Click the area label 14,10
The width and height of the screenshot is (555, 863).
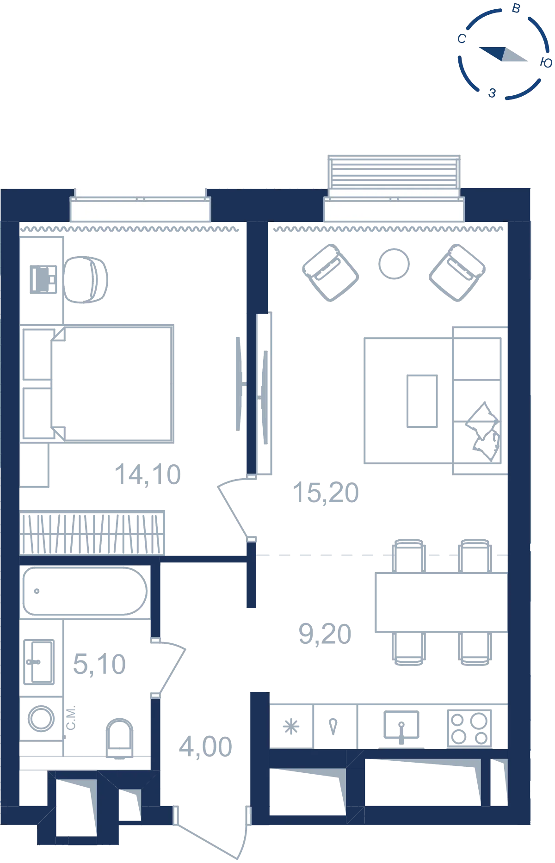pyautogui.click(x=148, y=475)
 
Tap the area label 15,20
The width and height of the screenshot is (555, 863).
pyautogui.click(x=326, y=493)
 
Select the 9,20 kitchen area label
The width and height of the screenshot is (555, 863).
pyautogui.click(x=325, y=634)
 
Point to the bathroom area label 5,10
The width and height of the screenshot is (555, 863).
pyautogui.click(x=99, y=664)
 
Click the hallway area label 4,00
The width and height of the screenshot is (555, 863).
pyautogui.click(x=206, y=746)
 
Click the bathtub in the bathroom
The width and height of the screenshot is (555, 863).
pyautogui.click(x=85, y=591)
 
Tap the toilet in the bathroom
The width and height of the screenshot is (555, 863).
pyautogui.click(x=120, y=738)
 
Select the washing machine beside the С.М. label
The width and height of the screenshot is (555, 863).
pyautogui.click(x=41, y=718)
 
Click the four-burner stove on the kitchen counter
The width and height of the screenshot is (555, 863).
pyautogui.click(x=469, y=728)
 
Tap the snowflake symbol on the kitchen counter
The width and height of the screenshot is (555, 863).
pyautogui.click(x=291, y=727)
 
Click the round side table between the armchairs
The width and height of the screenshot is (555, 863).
pyautogui.click(x=394, y=264)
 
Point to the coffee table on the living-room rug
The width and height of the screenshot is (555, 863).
pyautogui.click(x=422, y=401)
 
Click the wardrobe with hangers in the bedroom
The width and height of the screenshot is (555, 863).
pyautogui.click(x=92, y=533)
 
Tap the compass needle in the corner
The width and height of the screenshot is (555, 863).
pyautogui.click(x=503, y=54)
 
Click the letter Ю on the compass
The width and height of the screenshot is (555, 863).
pyautogui.click(x=546, y=63)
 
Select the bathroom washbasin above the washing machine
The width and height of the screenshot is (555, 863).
pyautogui.click(x=39, y=662)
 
